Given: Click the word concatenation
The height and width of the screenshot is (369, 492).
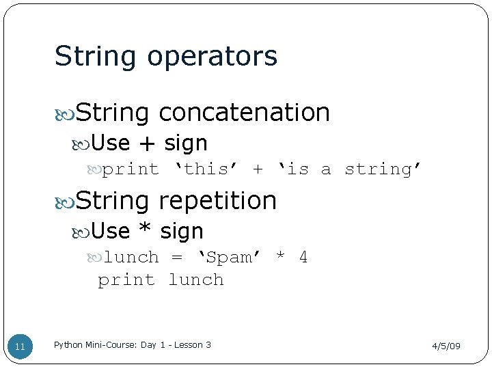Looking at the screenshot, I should click(244, 112).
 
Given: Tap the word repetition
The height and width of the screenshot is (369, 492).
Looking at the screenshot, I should click(217, 200).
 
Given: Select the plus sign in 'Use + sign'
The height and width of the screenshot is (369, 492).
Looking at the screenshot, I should click(146, 143).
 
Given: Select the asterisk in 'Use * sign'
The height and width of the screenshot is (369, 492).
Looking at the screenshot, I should click(144, 232).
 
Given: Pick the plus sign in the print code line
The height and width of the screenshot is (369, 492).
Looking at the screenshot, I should click(258, 169).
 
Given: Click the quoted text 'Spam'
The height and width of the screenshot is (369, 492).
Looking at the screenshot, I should click(228, 257).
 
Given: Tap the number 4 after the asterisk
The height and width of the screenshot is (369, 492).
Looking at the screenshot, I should click(303, 257).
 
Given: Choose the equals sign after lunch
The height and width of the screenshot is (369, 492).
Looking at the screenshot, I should click(177, 257).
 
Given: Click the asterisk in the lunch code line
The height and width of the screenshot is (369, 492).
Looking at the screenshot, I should click(279, 257).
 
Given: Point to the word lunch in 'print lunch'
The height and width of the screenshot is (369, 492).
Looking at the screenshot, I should click(196, 279).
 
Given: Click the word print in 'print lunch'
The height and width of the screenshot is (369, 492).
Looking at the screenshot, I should click(126, 279).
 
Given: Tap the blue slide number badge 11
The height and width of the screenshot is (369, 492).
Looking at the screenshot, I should click(20, 346).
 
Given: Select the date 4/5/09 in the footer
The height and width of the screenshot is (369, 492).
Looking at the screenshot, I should click(446, 346).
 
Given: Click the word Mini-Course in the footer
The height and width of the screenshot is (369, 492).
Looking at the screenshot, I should click(110, 345).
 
